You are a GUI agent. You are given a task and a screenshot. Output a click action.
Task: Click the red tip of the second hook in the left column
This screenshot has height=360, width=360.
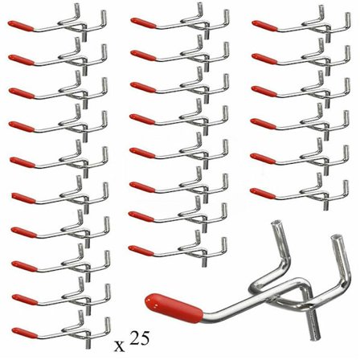[x=20, y=59]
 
